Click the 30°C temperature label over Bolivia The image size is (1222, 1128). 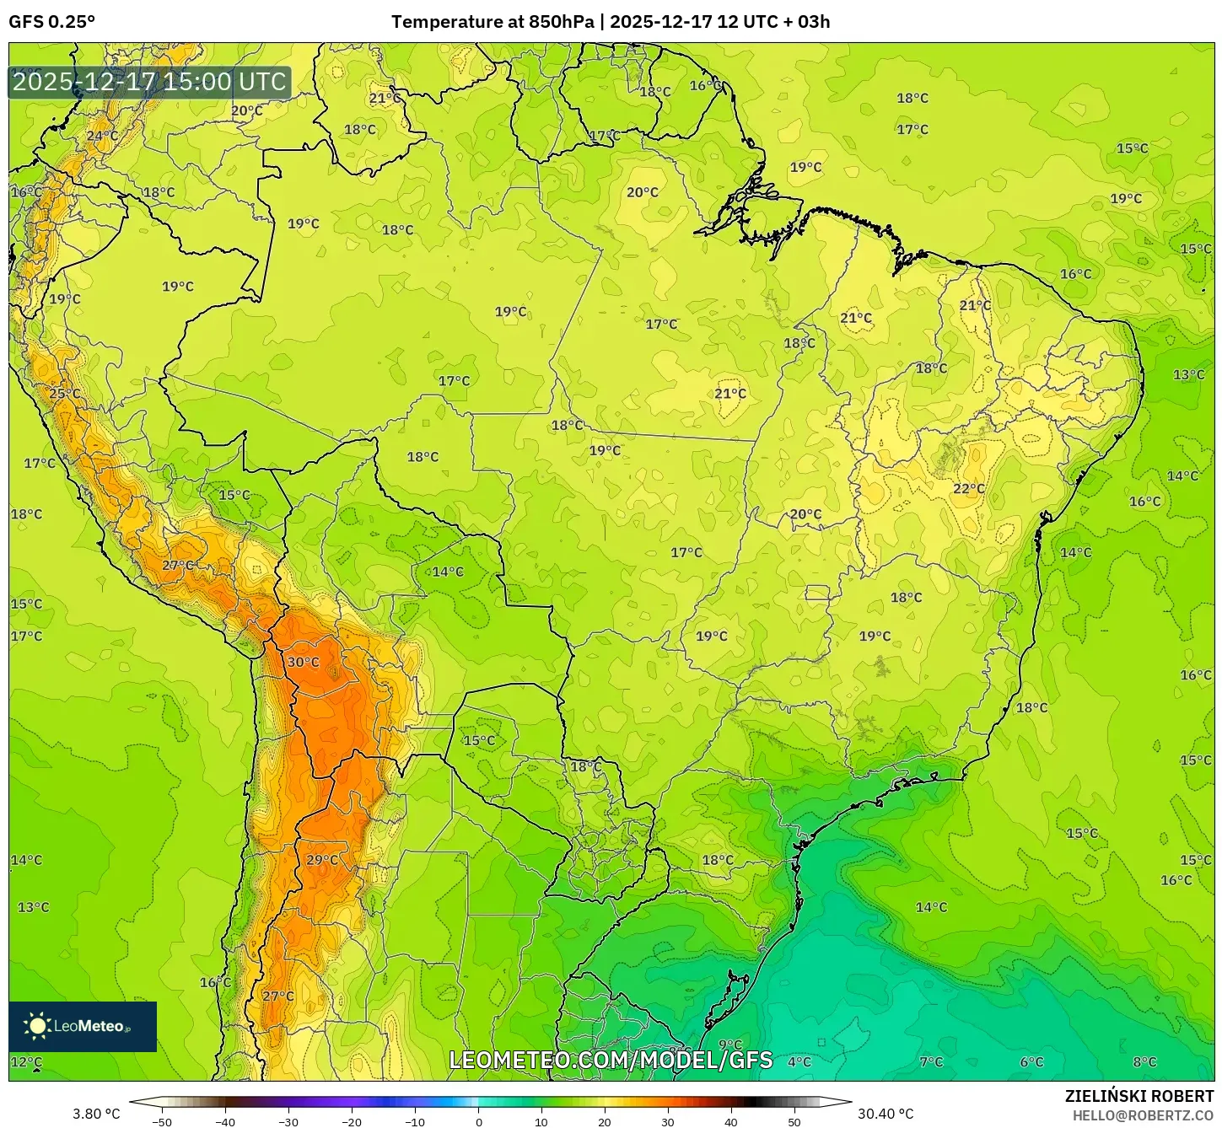click(x=303, y=663)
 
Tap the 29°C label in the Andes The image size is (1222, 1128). click(x=322, y=860)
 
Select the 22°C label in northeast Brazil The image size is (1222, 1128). click(x=969, y=489)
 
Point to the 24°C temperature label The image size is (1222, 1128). click(x=102, y=136)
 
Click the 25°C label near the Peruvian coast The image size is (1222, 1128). click(x=65, y=394)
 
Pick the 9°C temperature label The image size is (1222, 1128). click(x=730, y=1045)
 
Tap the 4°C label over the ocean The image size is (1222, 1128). click(x=799, y=1062)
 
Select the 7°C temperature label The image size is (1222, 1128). click(x=931, y=1062)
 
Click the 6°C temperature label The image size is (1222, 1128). click(x=1031, y=1062)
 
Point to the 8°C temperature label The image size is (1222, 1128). click(x=1144, y=1062)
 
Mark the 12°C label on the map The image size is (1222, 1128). click(x=26, y=1062)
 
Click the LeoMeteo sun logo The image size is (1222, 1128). click(x=37, y=1026)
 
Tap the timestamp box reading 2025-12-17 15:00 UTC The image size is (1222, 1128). click(x=150, y=83)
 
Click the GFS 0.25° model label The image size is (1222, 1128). click(x=52, y=22)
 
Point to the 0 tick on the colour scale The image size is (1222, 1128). click(x=478, y=1122)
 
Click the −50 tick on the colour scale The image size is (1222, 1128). click(x=161, y=1122)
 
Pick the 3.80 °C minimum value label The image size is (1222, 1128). click(x=96, y=1115)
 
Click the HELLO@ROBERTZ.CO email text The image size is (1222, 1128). click(x=1143, y=1115)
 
